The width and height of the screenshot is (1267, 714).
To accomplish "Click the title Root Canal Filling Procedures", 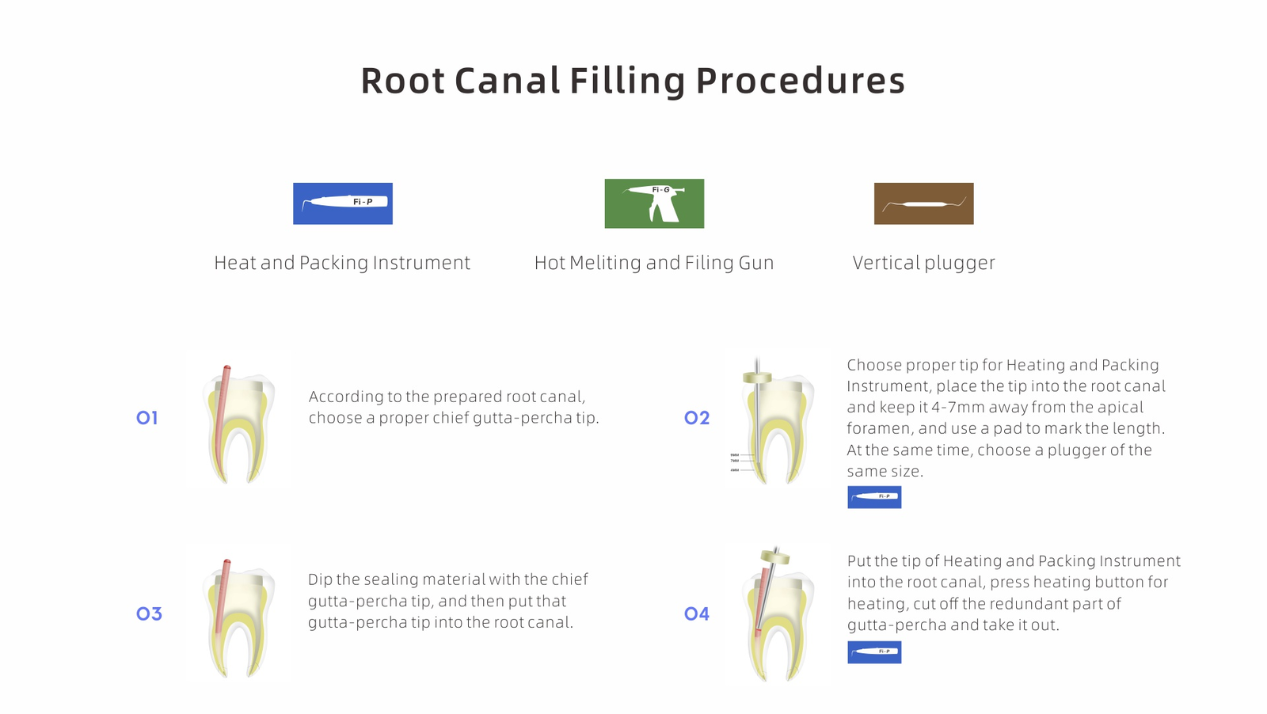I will pos(633,81).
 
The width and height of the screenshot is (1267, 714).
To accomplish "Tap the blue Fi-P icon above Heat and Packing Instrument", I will pos(343,203).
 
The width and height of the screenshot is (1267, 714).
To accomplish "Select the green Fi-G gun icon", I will pos(654,203).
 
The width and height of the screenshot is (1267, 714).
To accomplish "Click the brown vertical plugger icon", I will pos(923,203).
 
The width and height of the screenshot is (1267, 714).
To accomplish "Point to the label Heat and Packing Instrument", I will pos(342,263).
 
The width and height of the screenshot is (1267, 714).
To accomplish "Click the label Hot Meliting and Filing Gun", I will pos(654,263).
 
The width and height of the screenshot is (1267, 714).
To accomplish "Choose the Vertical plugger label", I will pos(923,263).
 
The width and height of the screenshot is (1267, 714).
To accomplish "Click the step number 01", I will pos(147,418).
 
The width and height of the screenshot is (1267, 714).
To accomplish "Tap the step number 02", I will pos(697,418).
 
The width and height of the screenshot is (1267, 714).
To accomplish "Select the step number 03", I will pos(149,613).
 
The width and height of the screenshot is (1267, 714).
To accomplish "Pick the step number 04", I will pos(697,613).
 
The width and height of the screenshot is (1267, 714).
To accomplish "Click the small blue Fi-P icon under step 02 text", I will pos(874,497).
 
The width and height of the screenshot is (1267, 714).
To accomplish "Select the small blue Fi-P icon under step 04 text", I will pos(874,652).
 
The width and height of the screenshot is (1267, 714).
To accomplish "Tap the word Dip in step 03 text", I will pos(320,579).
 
